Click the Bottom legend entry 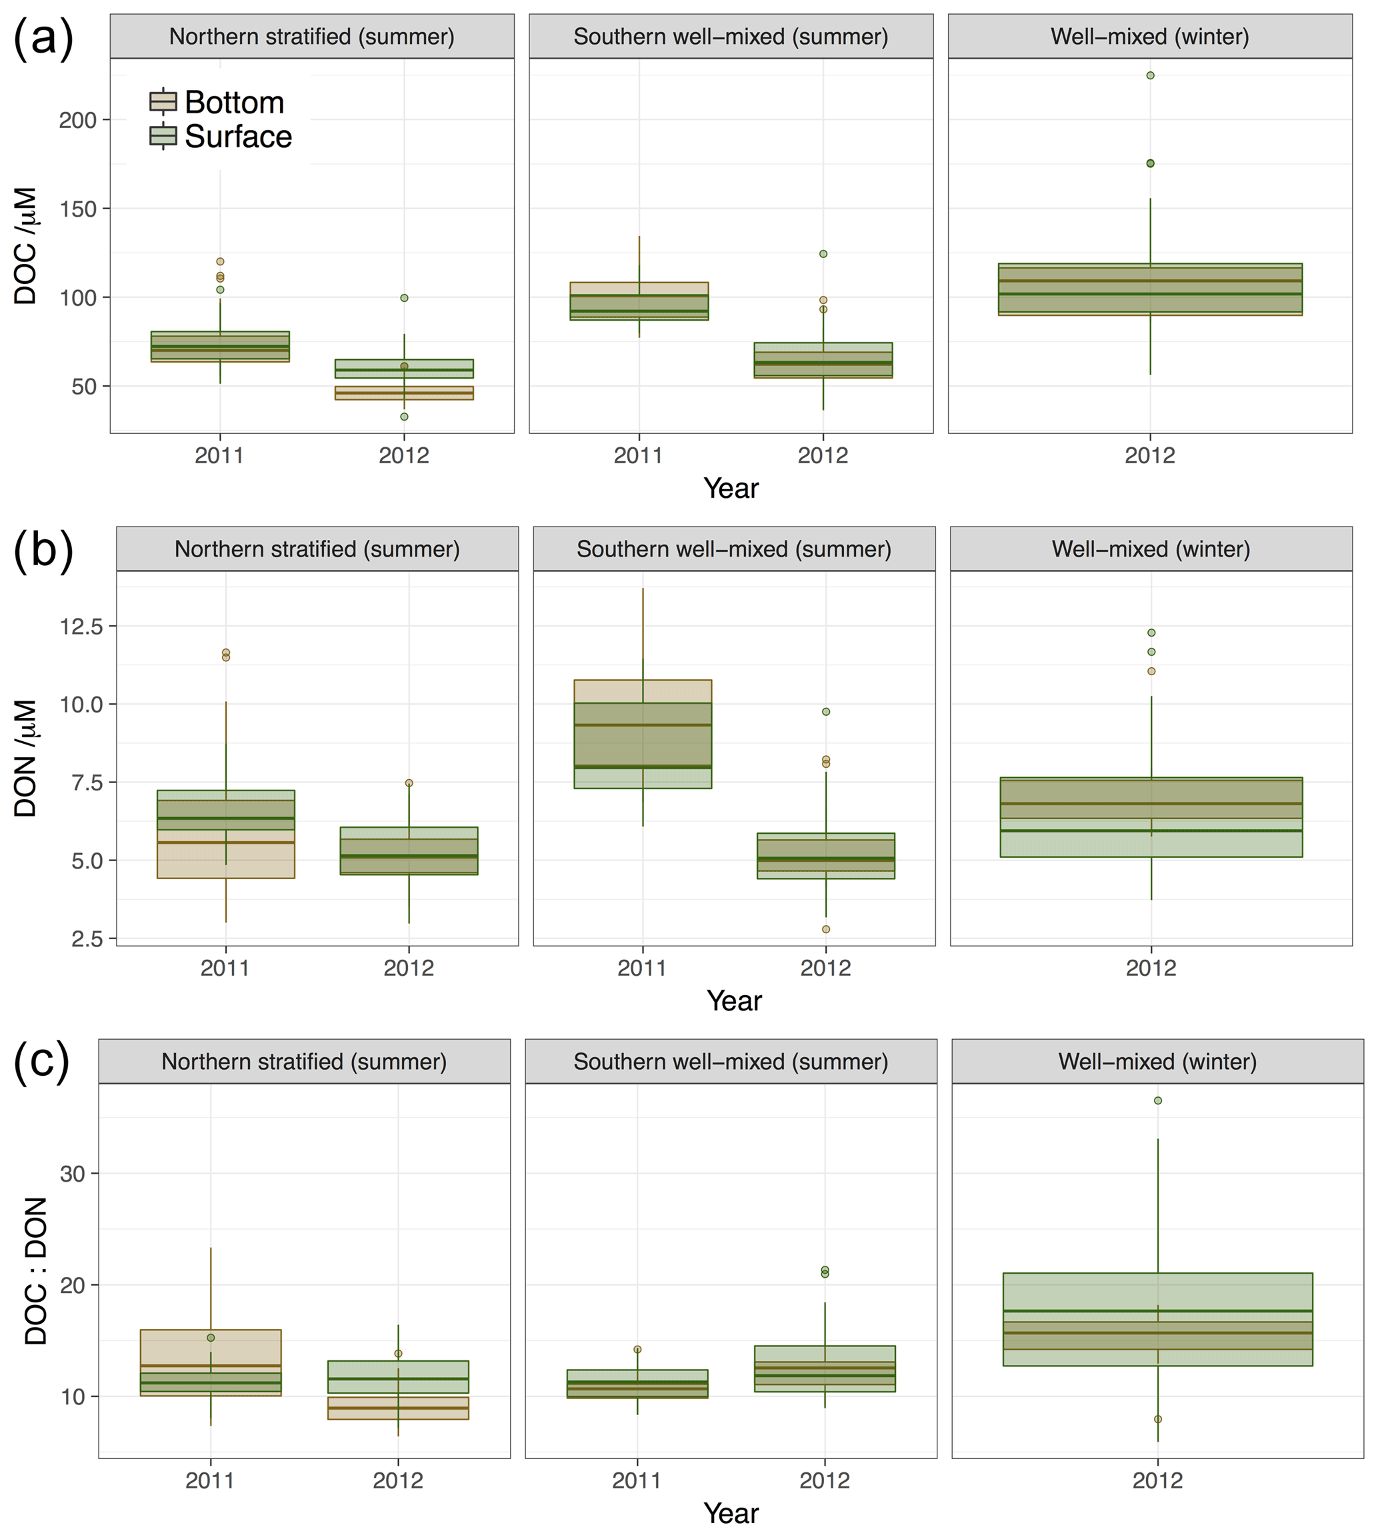tap(218, 102)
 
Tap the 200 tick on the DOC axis tap(78, 119)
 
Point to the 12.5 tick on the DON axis tap(82, 626)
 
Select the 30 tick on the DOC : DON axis tap(73, 1174)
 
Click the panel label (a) tap(43, 38)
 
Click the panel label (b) tap(43, 551)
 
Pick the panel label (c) tap(41, 1062)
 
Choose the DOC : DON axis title tap(35, 1271)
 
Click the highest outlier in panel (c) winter tap(1158, 1101)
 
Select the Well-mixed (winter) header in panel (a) tap(1149, 37)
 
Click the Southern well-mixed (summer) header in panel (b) tap(734, 549)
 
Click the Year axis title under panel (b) tap(734, 1001)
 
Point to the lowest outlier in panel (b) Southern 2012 tap(826, 929)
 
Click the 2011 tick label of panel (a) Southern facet tap(638, 456)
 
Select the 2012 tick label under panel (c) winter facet tap(1157, 1480)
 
